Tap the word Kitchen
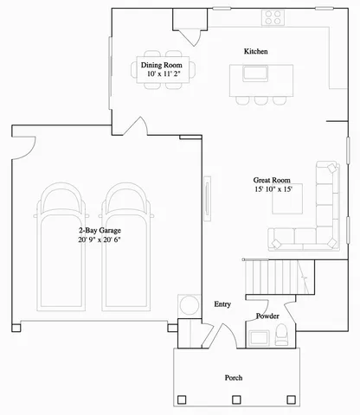tap(255, 52)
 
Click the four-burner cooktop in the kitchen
tap(274, 16)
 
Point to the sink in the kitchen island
tap(256, 73)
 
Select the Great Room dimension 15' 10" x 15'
tap(273, 189)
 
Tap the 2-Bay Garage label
tap(100, 230)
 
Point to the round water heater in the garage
tap(188, 305)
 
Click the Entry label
tap(222, 304)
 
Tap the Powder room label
tap(267, 316)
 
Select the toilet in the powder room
tap(281, 338)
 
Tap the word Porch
tap(233, 378)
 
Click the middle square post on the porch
tap(235, 399)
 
